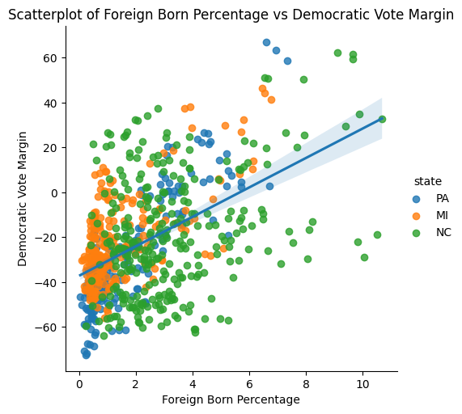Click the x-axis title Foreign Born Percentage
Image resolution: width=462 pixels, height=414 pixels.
pos(231,399)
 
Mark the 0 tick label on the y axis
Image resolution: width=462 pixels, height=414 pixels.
pos(56,192)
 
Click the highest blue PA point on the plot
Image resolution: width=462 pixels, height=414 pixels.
pos(266,42)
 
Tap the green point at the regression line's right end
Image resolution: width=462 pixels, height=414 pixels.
pos(382,119)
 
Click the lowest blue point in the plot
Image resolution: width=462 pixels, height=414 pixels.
pos(86,354)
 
